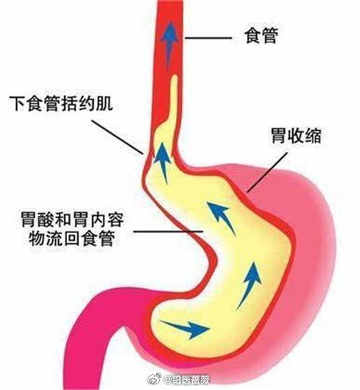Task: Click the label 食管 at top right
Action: pos(261,36)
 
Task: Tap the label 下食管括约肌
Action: pos(61,103)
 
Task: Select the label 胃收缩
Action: pos(296,136)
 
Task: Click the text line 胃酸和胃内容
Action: pos(73,219)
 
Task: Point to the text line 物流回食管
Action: pos(72,238)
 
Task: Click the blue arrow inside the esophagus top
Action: pos(169,42)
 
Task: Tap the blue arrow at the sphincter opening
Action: pos(162,163)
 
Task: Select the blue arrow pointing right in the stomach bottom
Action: pos(185,328)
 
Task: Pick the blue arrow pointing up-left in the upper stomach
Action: pos(220,218)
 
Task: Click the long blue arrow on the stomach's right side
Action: pos(249,285)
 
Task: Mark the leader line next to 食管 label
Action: pos(208,38)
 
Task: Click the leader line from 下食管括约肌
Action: pos(117,137)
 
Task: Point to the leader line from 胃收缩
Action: pos(267,172)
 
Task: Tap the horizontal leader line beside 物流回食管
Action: pos(168,232)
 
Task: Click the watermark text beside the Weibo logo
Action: pos(188,380)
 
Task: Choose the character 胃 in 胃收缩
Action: pos(279,136)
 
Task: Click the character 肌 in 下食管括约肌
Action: pos(105,103)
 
